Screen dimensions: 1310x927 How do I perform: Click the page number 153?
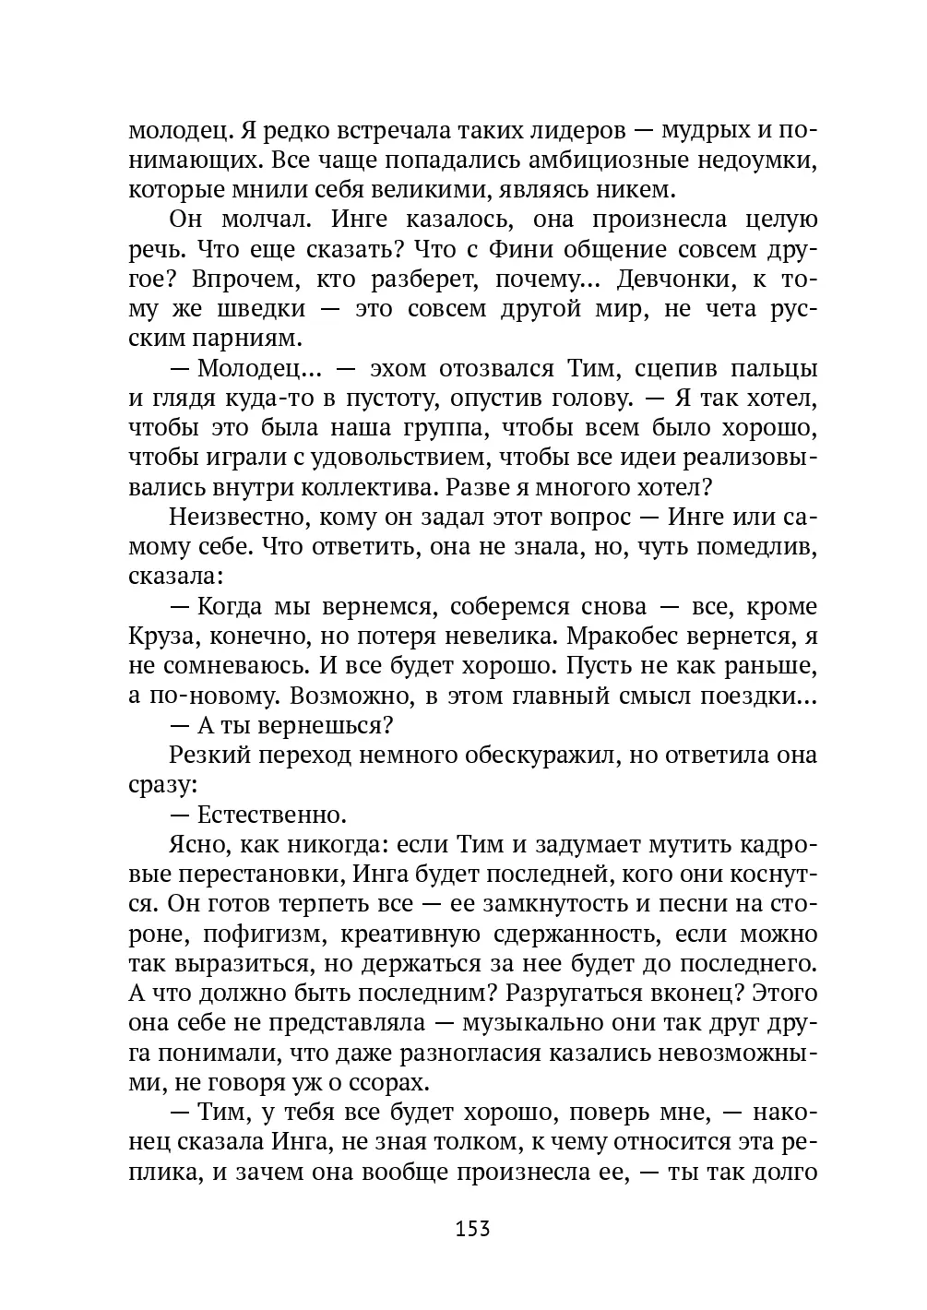coord(471,1229)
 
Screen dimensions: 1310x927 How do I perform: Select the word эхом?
coord(398,368)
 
